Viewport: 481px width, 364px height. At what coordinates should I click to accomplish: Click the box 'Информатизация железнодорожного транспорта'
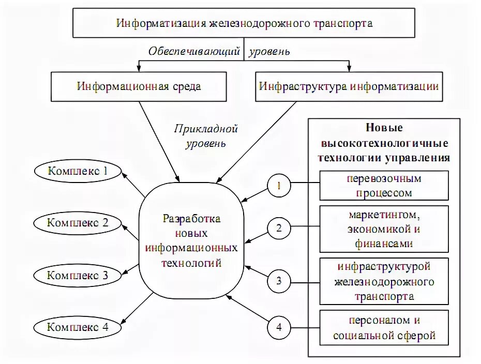tap(244, 23)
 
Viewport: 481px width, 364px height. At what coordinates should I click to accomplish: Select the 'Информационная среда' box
tap(139, 86)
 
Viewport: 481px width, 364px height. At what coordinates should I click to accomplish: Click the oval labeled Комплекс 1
tap(78, 171)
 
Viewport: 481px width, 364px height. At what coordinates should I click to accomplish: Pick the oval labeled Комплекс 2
tap(78, 223)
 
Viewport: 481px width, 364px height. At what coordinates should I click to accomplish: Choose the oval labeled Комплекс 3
tap(78, 275)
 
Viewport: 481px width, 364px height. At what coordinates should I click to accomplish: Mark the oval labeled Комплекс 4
tap(78, 327)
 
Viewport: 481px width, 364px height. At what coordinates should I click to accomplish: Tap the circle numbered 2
tap(279, 228)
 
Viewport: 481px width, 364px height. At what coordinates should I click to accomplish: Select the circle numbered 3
tap(279, 281)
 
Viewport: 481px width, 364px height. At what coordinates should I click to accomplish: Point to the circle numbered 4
tap(279, 327)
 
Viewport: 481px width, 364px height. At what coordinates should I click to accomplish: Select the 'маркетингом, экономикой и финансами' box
tap(384, 229)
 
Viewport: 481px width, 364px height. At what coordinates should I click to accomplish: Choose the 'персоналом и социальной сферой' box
tap(384, 328)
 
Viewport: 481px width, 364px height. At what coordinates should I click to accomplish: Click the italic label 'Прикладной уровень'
tap(206, 135)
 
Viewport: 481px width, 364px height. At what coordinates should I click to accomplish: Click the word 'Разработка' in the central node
tap(192, 219)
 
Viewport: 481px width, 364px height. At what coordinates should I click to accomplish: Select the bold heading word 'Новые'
tap(384, 128)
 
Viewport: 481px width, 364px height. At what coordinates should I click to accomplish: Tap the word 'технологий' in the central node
tap(192, 263)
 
